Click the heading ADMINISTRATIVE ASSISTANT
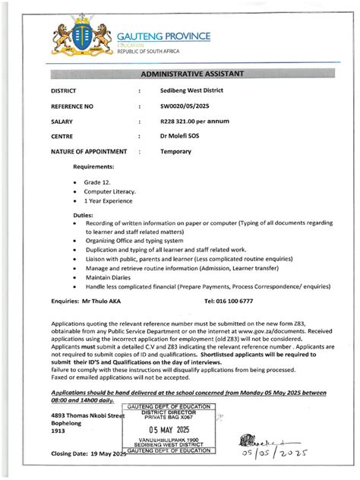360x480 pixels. click(191, 74)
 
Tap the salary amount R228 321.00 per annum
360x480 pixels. click(194, 121)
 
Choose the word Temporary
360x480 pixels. click(175, 152)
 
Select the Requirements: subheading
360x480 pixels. click(93, 166)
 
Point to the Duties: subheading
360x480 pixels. click(83, 216)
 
